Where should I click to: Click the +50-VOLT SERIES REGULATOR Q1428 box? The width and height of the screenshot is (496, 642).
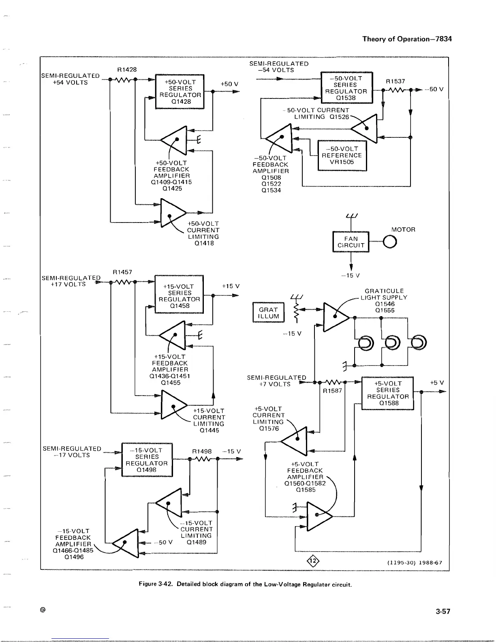tap(180, 92)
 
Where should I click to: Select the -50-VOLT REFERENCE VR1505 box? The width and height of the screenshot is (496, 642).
tap(342, 156)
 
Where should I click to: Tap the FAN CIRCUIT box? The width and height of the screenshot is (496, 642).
tap(351, 242)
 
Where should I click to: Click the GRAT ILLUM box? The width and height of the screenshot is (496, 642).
tap(268, 313)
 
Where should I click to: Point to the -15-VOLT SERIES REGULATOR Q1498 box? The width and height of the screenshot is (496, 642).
tap(147, 460)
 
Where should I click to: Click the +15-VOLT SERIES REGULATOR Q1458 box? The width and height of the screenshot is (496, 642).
tap(179, 296)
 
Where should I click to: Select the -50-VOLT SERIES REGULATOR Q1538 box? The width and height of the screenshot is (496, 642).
tap(346, 88)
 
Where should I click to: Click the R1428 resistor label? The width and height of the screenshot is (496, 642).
tap(127, 70)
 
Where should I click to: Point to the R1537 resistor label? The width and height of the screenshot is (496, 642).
tap(395, 81)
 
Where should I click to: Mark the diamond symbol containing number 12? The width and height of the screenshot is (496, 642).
tap(313, 561)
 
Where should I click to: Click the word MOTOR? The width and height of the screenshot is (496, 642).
tap(403, 230)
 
